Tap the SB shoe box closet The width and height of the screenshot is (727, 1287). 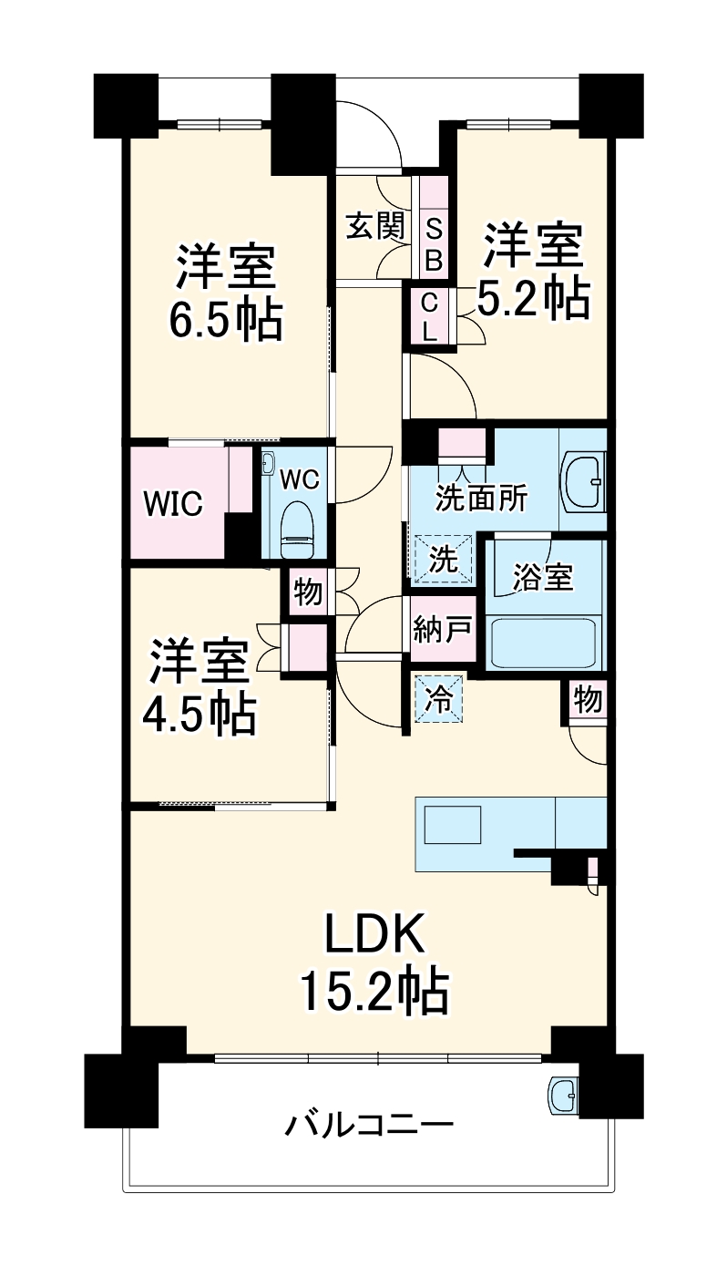click(x=434, y=243)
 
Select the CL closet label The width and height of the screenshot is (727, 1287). click(x=429, y=315)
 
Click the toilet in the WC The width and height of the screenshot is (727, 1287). click(x=297, y=529)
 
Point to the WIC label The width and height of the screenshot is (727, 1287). click(x=173, y=503)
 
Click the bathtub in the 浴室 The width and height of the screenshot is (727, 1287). click(x=545, y=643)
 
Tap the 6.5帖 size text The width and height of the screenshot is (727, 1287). click(x=225, y=319)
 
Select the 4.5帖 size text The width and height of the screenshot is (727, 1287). click(x=199, y=715)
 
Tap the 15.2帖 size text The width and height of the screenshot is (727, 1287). click(x=374, y=991)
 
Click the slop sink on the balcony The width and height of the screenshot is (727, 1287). click(x=563, y=1094)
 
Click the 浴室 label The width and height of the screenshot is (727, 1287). click(x=543, y=577)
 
